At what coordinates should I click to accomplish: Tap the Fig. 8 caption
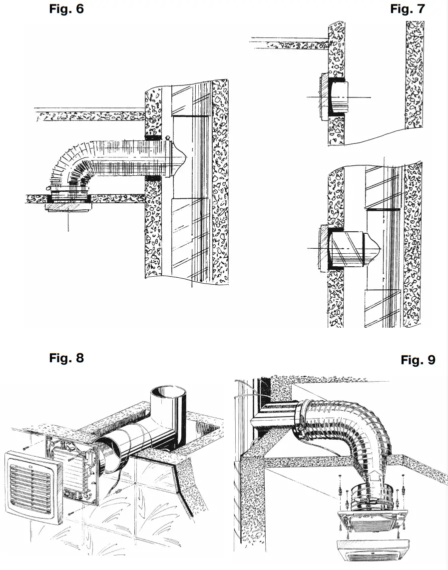(x=66, y=358)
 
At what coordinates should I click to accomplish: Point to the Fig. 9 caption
(x=418, y=360)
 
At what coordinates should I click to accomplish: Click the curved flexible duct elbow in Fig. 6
(x=69, y=167)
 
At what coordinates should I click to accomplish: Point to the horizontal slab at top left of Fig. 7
(x=287, y=43)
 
